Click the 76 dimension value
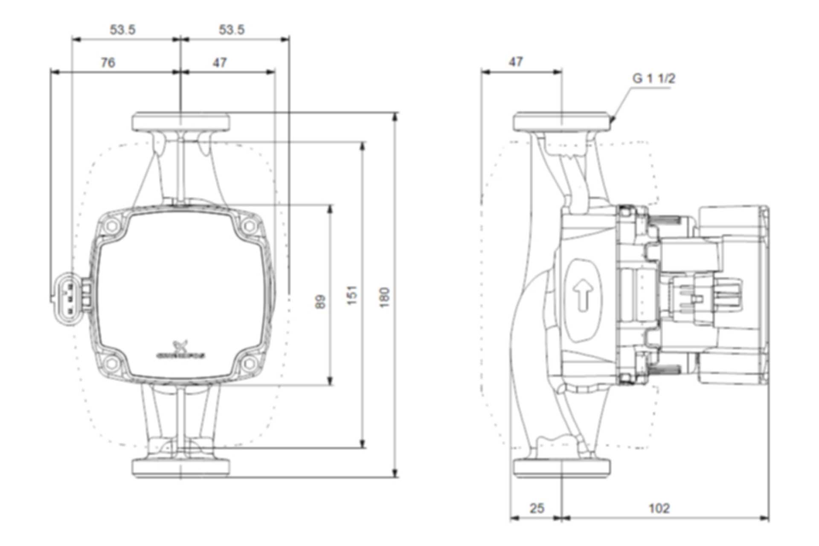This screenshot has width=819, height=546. (108, 63)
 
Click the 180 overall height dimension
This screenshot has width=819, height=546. (384, 297)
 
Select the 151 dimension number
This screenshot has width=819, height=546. (352, 295)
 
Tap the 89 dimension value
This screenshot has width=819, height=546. (321, 302)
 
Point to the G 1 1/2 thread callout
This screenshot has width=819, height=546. (653, 78)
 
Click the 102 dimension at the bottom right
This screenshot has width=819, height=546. (659, 508)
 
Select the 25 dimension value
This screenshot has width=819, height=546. (537, 508)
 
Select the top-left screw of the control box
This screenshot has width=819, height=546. (113, 226)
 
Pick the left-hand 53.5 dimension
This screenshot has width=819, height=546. (123, 30)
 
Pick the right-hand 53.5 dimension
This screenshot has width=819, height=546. (232, 30)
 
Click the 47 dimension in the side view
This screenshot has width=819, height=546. (516, 62)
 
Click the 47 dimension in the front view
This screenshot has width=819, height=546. (220, 63)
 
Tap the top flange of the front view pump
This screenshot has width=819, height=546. (181, 121)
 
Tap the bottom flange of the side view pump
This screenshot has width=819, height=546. (562, 468)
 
